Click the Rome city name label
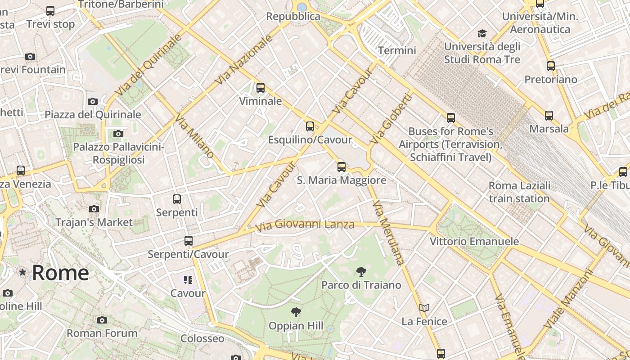60,273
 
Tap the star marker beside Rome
22,272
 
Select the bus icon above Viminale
260,88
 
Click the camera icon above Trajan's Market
94,209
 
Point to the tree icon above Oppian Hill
296,312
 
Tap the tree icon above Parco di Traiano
361,272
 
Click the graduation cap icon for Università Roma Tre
482,33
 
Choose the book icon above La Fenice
424,308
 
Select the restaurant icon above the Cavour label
188,280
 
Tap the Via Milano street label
194,136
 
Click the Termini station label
397,50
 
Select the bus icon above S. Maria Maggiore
342,167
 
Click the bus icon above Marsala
549,116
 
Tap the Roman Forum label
102,333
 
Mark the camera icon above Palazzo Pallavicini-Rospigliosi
118,134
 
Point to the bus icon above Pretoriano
550,66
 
